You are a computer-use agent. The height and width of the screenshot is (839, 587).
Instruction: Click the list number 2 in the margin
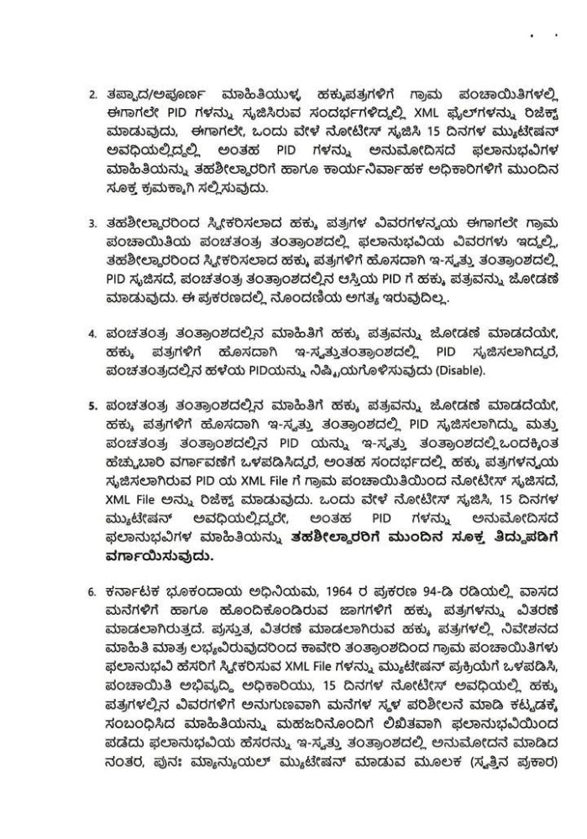[92, 92]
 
